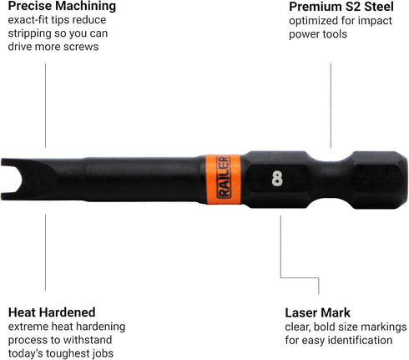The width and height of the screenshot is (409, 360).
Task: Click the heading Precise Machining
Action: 62,6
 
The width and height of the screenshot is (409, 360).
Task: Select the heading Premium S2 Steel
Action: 341,7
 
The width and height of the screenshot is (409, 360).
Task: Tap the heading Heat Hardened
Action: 52,312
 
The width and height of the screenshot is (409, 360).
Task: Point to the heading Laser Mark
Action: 317,312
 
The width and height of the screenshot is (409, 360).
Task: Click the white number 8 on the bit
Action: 277,179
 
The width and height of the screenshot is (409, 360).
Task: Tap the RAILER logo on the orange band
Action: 224,177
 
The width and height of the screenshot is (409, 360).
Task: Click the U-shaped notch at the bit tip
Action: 11,180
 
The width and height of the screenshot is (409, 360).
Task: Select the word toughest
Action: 66,354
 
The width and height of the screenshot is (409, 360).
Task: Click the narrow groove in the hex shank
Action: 331,180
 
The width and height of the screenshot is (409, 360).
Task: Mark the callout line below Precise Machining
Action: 45,105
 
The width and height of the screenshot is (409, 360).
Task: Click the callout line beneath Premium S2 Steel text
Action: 331,105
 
